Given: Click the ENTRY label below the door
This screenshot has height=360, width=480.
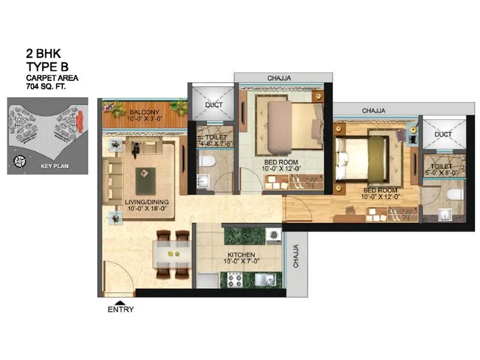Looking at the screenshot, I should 121,310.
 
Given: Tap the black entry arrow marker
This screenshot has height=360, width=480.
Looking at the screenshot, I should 121,302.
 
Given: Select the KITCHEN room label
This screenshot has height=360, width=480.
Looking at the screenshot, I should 241,255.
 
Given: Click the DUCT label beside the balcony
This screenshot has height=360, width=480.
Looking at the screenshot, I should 214,105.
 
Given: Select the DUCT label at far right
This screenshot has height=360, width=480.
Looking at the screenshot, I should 443,134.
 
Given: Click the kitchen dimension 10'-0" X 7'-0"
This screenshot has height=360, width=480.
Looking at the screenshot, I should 241,262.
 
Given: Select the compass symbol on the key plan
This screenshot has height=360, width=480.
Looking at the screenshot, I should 20,160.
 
